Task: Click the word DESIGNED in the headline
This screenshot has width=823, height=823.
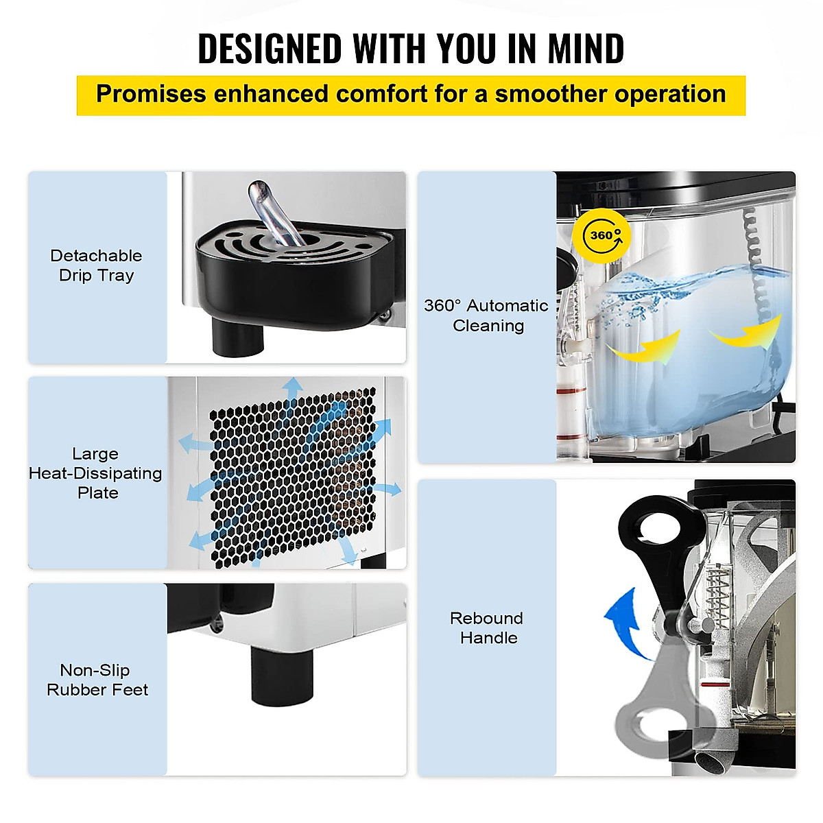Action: tap(270, 49)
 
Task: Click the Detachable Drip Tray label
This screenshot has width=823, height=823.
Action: tap(96, 265)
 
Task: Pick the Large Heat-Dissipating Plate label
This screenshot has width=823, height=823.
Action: tap(96, 473)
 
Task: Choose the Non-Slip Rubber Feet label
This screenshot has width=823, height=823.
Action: tap(96, 680)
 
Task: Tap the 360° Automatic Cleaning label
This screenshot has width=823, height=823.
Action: tap(486, 315)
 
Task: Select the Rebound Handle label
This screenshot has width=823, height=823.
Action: tap(487, 628)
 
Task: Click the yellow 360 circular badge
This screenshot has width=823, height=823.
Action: tap(601, 235)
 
